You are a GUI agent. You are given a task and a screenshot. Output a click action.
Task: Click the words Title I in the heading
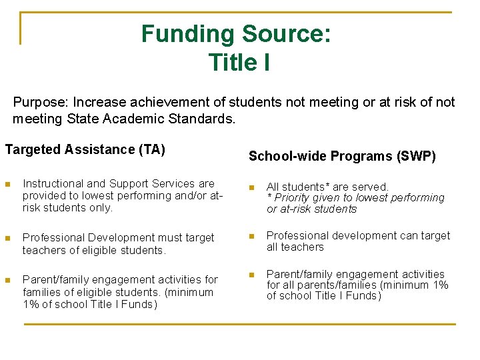point(239,62)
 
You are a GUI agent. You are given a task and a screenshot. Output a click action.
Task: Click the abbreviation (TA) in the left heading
point(152,150)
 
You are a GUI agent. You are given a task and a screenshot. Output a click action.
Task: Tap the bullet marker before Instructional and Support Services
point(7,184)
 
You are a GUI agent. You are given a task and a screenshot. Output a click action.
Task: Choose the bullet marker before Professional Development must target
point(7,238)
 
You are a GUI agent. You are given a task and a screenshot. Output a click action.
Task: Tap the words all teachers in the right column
point(295,247)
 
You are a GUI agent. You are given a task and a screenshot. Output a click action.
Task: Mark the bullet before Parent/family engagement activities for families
point(7,280)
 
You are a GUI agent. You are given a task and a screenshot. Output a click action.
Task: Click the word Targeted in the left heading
point(31,150)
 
